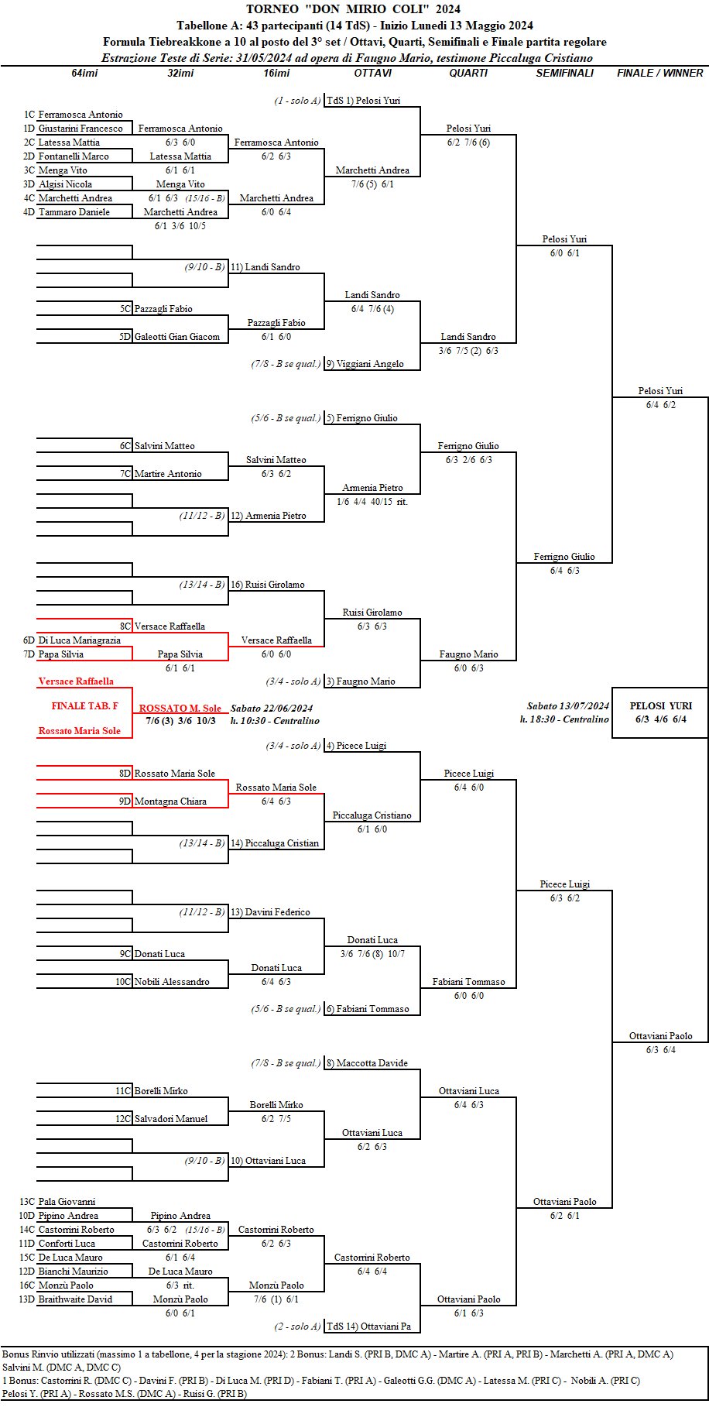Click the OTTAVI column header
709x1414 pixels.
point(372,73)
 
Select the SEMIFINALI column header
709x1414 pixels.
point(564,73)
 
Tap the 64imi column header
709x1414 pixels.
point(84,73)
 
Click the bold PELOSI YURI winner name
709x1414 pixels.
point(660,705)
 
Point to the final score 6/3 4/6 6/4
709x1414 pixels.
point(660,719)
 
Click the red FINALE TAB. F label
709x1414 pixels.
point(84,706)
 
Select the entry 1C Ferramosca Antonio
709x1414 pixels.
point(74,115)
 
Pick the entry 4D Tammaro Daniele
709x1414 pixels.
point(67,212)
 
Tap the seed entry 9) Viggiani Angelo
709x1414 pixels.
point(365,364)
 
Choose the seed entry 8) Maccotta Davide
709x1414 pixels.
point(366,1063)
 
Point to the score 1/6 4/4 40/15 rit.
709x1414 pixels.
point(372,502)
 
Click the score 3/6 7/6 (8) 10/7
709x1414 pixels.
point(372,954)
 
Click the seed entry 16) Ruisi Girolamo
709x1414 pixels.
point(267,585)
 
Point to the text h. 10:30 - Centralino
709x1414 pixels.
point(275,720)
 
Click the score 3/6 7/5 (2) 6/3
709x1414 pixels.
point(468,351)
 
